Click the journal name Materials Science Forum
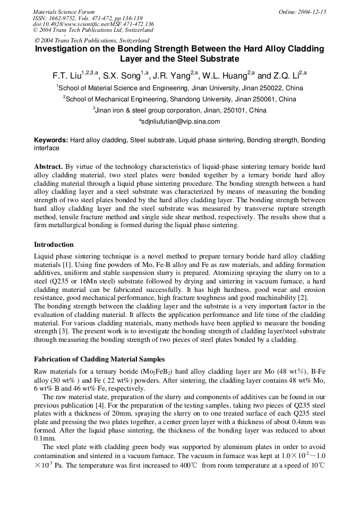64,12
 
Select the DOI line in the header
93,24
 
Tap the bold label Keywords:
51,140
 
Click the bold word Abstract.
48,167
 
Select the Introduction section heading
54,245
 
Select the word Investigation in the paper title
63,49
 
